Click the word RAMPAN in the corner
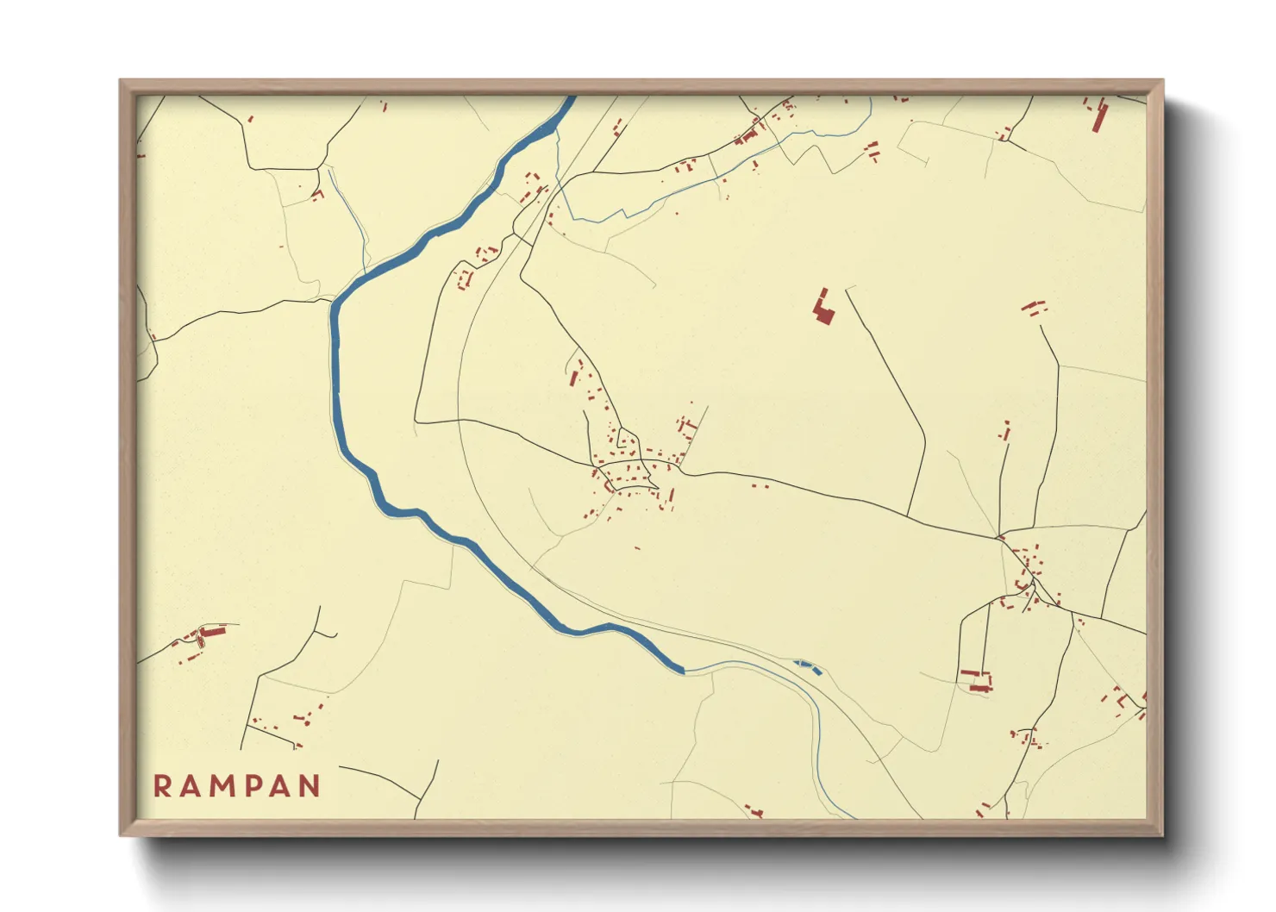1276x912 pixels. point(237,786)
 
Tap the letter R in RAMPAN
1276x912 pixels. point(162,786)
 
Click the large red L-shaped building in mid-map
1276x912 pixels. point(823,309)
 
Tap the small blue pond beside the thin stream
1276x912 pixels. point(807,665)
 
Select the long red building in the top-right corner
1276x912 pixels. point(1099,116)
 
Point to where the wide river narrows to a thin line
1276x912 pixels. point(685,669)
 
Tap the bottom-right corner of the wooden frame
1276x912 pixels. point(1161,834)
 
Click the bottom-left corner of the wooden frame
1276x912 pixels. point(122,834)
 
